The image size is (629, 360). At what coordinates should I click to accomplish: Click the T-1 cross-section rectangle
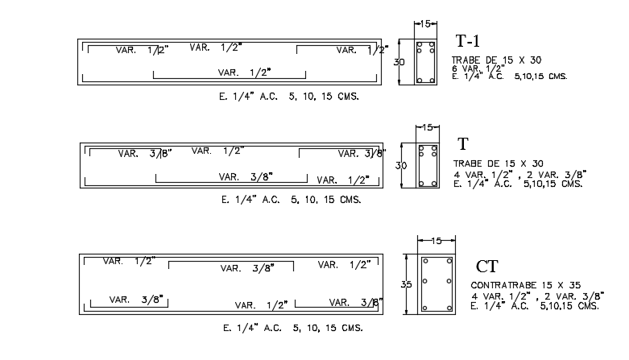point(425,61)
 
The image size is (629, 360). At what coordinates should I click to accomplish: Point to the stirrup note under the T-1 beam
point(283,95)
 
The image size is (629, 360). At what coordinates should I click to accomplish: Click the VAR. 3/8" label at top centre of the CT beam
point(246,268)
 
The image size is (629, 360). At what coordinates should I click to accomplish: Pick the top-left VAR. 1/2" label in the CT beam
point(128,261)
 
